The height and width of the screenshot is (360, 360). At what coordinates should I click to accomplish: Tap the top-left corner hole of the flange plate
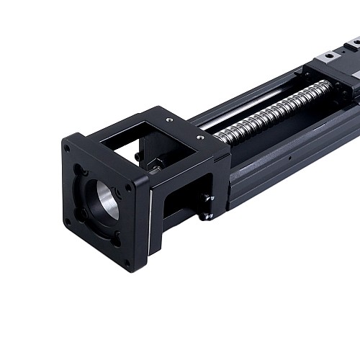(68, 150)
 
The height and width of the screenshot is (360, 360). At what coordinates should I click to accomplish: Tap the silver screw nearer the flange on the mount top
(169, 120)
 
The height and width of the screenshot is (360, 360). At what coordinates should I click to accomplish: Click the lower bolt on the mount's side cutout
(207, 214)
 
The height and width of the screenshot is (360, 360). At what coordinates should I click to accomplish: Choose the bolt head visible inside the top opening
(137, 156)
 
